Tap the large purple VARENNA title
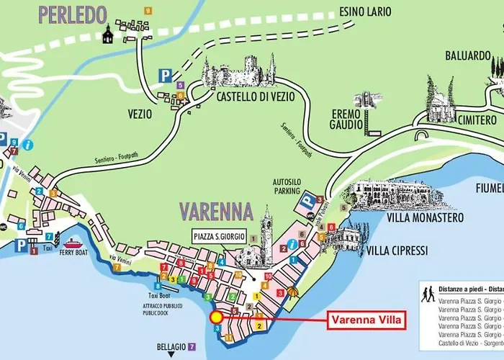[216, 212]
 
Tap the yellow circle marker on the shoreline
[215, 317]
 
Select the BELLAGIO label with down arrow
[171, 346]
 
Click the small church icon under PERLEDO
[109, 34]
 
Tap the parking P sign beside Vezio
[166, 75]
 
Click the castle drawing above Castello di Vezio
[238, 71]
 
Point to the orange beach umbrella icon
[292, 292]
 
